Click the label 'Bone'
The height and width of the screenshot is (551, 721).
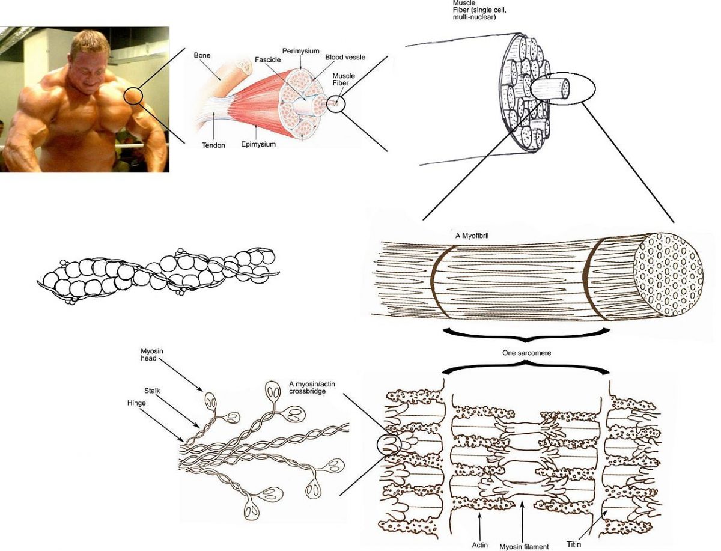click(x=201, y=55)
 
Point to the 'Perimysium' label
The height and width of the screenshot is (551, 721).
click(x=300, y=52)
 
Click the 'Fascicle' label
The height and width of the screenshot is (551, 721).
click(x=268, y=60)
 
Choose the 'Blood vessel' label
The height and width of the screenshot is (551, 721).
click(x=345, y=58)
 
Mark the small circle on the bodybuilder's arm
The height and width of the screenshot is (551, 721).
click(x=133, y=96)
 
